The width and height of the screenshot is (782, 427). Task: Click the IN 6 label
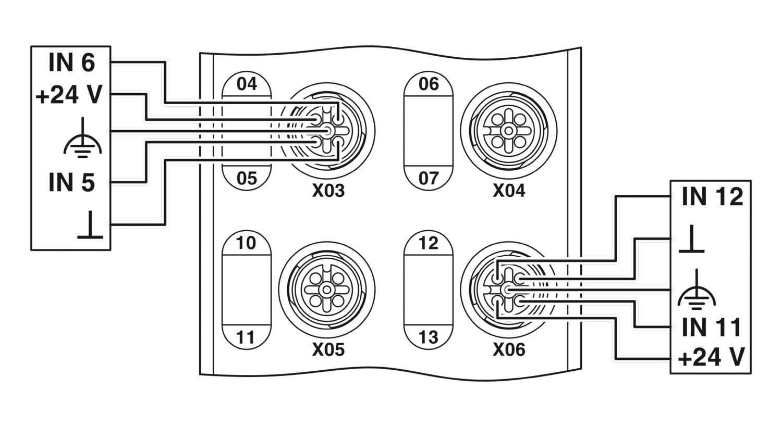(x=71, y=62)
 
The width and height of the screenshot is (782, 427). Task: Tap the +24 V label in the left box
(x=69, y=95)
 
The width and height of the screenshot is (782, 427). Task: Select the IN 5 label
(x=71, y=182)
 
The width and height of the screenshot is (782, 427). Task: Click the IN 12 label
(x=712, y=197)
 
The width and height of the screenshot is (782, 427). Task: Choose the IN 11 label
(x=711, y=328)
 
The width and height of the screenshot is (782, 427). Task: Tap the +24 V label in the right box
(x=711, y=357)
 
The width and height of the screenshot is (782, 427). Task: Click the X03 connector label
(x=328, y=190)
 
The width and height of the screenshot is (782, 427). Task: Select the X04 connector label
(x=509, y=190)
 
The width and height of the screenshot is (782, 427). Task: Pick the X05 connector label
(x=328, y=349)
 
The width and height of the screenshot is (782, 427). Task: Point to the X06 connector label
(x=509, y=349)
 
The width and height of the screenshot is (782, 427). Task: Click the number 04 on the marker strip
(x=247, y=84)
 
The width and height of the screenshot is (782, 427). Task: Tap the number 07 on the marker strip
(x=429, y=179)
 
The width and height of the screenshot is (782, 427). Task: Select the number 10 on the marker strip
(x=246, y=243)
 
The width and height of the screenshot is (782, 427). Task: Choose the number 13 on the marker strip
(x=428, y=337)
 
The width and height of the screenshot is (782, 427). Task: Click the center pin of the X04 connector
(x=509, y=131)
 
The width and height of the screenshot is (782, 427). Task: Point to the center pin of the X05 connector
(x=327, y=290)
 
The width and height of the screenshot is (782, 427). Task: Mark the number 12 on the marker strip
(x=428, y=243)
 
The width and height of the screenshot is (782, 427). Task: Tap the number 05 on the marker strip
(x=247, y=179)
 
